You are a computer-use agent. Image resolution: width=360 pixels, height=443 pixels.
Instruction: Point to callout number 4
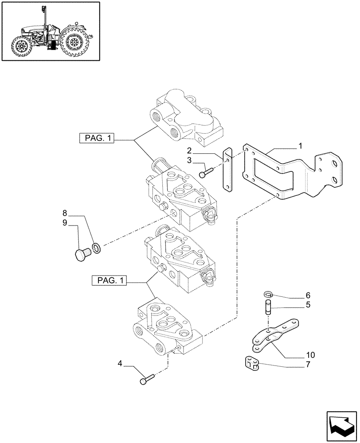[120, 364]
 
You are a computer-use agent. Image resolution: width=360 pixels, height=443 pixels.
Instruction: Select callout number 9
[65, 223]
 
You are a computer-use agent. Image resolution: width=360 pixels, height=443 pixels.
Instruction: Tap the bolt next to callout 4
[147, 379]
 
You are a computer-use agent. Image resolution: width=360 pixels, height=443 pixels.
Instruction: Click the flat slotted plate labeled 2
[227, 170]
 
